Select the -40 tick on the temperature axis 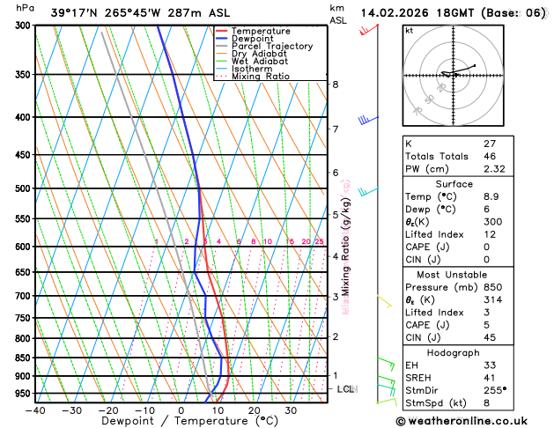click(35, 410)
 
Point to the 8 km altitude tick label click(335, 85)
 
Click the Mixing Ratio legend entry click(260, 77)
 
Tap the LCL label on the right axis click(346, 388)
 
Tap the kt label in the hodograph click(410, 31)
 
